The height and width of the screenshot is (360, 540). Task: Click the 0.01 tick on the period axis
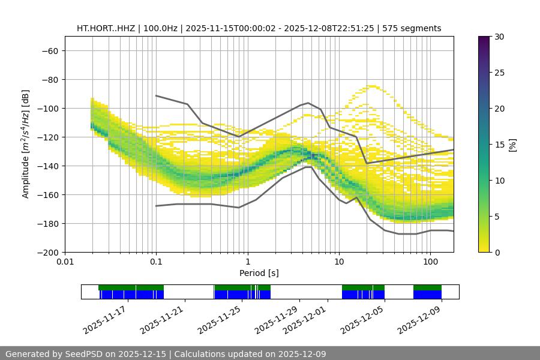click(x=65, y=262)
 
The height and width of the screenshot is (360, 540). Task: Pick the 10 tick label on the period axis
click(x=338, y=262)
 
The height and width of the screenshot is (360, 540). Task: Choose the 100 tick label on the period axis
click(x=430, y=262)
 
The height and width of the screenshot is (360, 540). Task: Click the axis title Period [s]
click(x=259, y=273)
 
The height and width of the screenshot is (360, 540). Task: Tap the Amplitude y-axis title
click(x=26, y=144)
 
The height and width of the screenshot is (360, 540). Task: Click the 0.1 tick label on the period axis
click(x=156, y=262)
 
